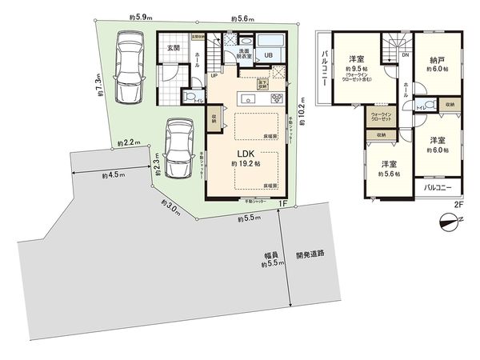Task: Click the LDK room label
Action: click(x=244, y=152)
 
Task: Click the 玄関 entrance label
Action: click(x=173, y=48)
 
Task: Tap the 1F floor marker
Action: click(x=282, y=204)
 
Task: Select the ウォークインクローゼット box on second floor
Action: click(x=380, y=116)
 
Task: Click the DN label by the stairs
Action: click(x=406, y=54)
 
